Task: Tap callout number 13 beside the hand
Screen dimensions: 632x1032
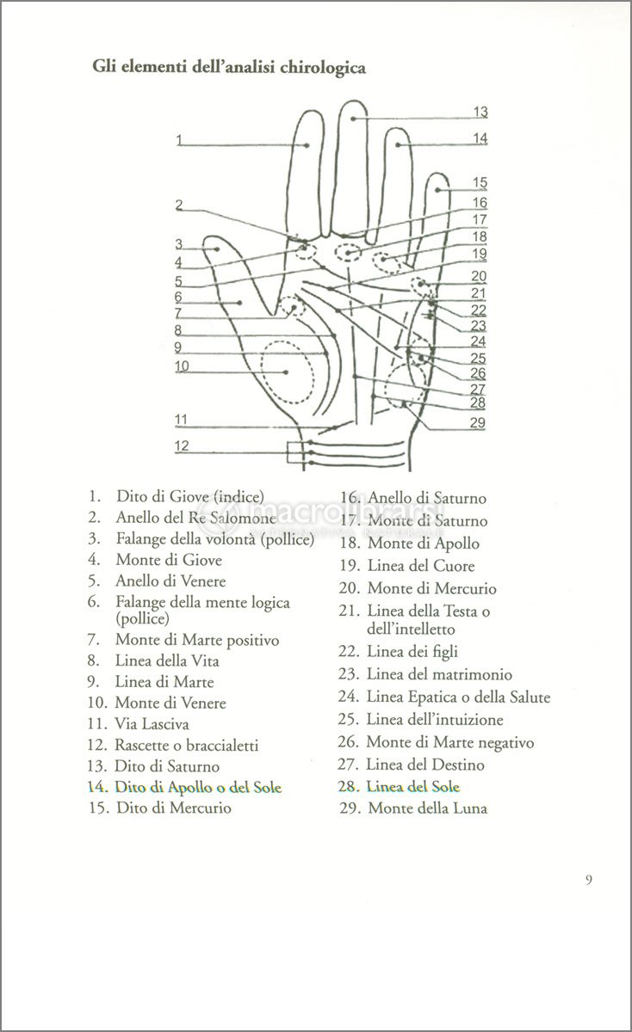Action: pos(480,112)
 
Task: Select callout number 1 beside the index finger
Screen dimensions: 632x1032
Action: pos(179,140)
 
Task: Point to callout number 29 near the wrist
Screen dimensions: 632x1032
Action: pos(478,422)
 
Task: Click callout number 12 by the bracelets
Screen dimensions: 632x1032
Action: pos(182,445)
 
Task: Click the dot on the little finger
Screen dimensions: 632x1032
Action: pos(437,190)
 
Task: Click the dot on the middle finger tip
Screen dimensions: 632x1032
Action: pos(353,119)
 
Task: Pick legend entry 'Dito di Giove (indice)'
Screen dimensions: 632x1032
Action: pos(190,497)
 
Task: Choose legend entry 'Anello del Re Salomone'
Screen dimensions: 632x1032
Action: pos(196,518)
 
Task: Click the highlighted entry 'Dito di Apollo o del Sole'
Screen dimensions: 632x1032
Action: pos(198,787)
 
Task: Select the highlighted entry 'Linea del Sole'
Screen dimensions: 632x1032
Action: pos(413,786)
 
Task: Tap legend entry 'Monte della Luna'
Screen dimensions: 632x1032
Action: pos(428,808)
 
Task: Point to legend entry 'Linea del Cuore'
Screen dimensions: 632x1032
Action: pos(421,566)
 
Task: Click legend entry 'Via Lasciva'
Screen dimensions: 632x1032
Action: pos(152,724)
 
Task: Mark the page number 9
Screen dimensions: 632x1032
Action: pos(589,880)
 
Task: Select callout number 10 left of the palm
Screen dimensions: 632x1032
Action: pos(183,366)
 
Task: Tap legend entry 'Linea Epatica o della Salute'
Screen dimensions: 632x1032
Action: pos(459,697)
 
